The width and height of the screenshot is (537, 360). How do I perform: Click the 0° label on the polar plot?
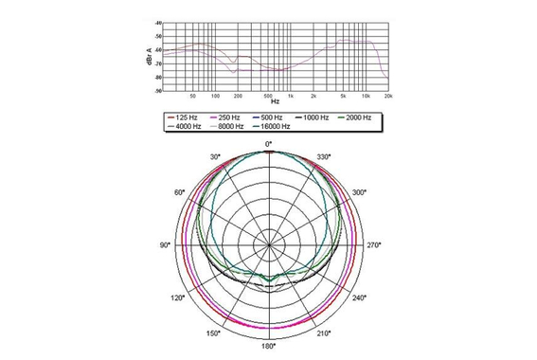(269, 142)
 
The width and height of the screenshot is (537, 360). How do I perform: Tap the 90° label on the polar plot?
(165, 245)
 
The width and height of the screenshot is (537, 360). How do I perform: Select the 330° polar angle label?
(322, 156)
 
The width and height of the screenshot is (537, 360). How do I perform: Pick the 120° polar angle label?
(177, 298)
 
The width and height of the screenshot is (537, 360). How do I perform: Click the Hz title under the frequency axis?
(275, 101)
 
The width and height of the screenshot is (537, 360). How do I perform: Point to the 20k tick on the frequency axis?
(388, 96)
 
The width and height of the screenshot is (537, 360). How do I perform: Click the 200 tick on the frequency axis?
(238, 96)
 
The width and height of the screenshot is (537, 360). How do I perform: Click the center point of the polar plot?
(269, 245)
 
